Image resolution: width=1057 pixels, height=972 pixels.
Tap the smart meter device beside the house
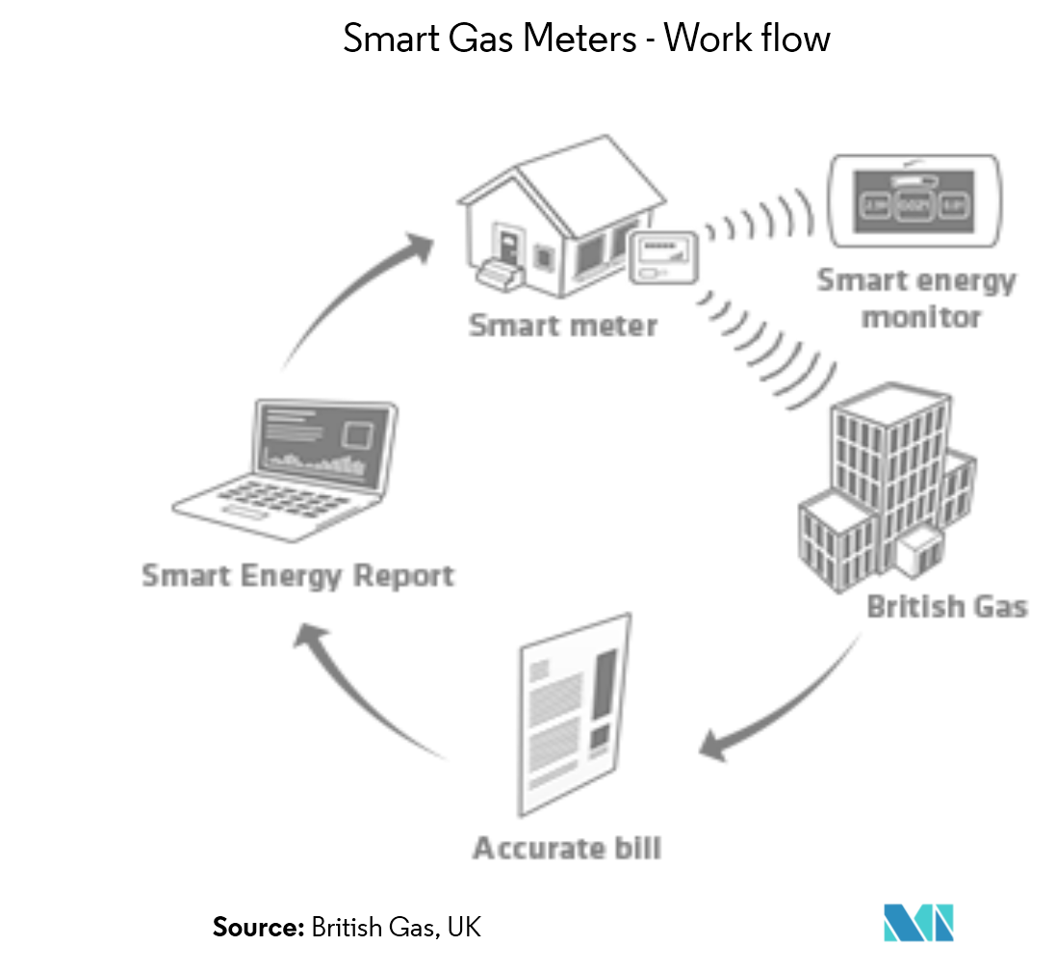(x=663, y=258)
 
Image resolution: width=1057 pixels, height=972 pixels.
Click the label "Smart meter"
(x=563, y=325)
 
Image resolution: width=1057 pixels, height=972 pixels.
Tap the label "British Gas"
(x=947, y=607)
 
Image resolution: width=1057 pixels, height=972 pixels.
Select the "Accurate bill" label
(x=567, y=849)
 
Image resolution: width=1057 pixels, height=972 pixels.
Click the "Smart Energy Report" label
(x=298, y=576)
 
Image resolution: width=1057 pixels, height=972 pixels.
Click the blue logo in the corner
(x=917, y=922)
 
